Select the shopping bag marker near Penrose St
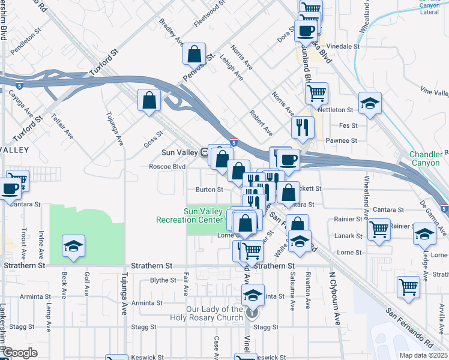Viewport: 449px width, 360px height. (194, 55)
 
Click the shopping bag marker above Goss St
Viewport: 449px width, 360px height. (149, 101)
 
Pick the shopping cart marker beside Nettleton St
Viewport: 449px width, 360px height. (316, 93)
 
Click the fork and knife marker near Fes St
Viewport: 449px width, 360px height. (303, 127)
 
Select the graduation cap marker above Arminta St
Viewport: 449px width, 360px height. (253, 295)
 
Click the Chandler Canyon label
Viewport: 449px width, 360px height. (426, 158)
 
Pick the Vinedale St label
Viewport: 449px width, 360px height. (344, 46)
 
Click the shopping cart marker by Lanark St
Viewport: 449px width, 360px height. (379, 229)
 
